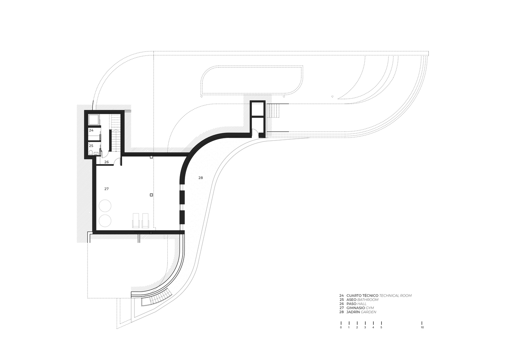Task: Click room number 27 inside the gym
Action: pyautogui.click(x=106, y=189)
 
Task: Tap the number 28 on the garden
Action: pyautogui.click(x=201, y=178)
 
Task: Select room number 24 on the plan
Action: pyautogui.click(x=91, y=130)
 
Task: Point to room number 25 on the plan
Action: pyautogui.click(x=91, y=146)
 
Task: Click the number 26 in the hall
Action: pyautogui.click(x=107, y=162)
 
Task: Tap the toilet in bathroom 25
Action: pyautogui.click(x=91, y=153)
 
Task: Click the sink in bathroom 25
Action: pyautogui.click(x=96, y=154)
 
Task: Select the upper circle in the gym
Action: pyautogui.click(x=105, y=206)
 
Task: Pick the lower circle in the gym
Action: pyautogui.click(x=105, y=221)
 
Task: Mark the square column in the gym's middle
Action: pyautogui.click(x=151, y=195)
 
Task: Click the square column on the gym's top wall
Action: pyautogui.click(x=151, y=157)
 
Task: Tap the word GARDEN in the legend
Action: pyautogui.click(x=368, y=312)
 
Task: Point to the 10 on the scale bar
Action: pyautogui.click(x=422, y=328)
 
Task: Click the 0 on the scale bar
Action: pyautogui.click(x=341, y=328)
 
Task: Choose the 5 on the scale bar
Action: pyautogui.click(x=381, y=328)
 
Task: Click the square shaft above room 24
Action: pyautogui.click(x=94, y=120)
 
